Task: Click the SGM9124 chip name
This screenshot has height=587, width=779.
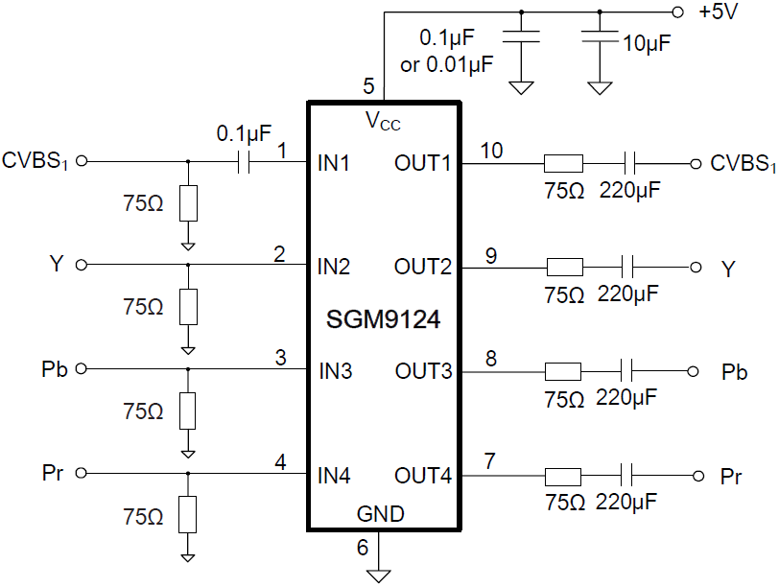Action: [384, 318]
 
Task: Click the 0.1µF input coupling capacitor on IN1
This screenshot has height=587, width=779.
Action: [244, 162]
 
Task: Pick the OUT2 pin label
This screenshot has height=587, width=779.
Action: [423, 267]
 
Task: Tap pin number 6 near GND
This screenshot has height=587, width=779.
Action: [362, 548]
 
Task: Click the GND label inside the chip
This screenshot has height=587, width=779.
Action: [381, 514]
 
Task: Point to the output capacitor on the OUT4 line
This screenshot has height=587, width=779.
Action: [628, 476]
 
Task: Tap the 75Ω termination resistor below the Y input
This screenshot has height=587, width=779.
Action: [188, 307]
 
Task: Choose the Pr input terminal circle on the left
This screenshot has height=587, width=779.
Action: [82, 474]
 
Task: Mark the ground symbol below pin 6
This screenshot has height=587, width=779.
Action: [380, 575]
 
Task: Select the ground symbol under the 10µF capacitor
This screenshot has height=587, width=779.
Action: [600, 88]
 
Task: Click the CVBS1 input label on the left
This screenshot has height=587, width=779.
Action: [35, 159]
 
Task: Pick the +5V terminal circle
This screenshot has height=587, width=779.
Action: [678, 13]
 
